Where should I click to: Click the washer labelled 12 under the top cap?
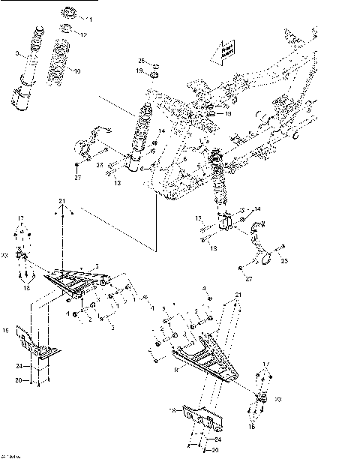coord(65,31)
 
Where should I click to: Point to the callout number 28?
coord(99,164)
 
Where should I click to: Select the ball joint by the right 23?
coord(261,400)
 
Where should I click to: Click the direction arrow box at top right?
coord(226,52)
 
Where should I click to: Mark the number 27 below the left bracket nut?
coord(77,178)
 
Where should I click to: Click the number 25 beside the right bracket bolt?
coord(284,262)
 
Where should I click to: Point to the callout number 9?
coord(16,54)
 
